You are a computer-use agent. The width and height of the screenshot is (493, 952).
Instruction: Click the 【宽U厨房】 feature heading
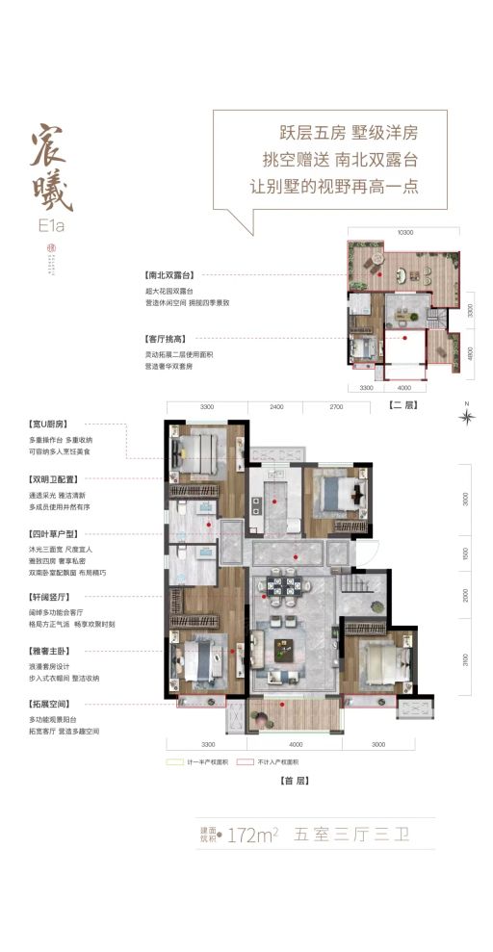click(x=55, y=424)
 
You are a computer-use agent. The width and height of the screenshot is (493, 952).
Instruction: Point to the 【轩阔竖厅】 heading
click(x=55, y=597)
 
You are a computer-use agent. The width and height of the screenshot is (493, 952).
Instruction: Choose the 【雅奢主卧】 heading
click(x=55, y=651)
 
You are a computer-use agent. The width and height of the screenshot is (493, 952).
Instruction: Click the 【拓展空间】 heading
click(x=55, y=706)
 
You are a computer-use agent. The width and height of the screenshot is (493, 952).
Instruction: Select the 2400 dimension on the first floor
click(x=276, y=408)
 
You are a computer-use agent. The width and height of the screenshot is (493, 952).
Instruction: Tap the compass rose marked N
click(x=467, y=416)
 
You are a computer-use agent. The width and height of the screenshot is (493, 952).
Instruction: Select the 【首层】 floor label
click(x=280, y=782)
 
